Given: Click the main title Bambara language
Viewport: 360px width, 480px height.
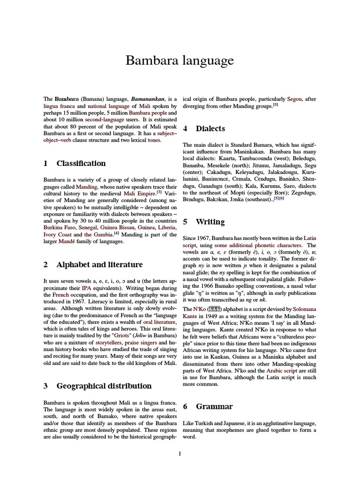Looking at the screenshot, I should [180, 61].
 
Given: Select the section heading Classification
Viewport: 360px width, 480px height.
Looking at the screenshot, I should [81, 163].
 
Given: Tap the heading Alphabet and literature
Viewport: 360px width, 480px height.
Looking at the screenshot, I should [99, 264].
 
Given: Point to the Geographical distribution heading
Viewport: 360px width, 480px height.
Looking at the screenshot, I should [104, 386].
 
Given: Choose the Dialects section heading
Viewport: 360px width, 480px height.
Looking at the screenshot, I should [210, 128].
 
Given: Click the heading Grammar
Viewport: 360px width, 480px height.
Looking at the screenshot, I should [214, 406].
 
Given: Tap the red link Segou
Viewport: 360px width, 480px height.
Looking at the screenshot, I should [294, 99].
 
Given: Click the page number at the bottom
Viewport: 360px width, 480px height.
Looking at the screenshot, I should [180, 454].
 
